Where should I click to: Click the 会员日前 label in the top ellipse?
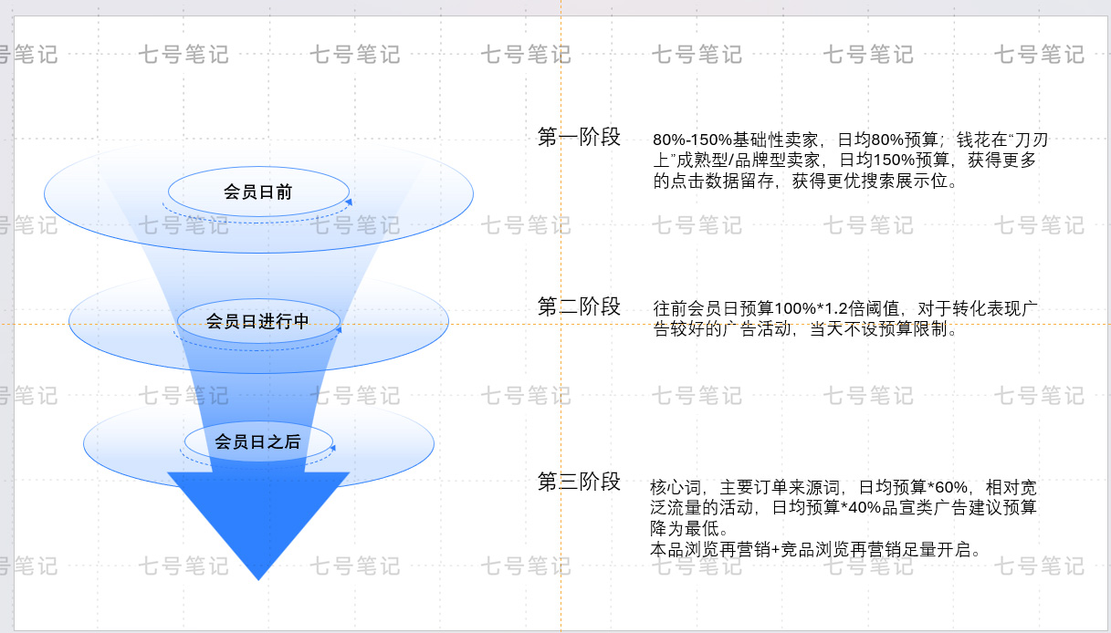pos(258,192)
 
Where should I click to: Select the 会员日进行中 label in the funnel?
pos(257,321)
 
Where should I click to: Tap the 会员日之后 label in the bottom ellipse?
pos(257,441)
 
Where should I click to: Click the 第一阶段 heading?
pos(579,138)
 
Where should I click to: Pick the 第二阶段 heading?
pos(579,306)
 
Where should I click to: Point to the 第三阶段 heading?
pos(579,482)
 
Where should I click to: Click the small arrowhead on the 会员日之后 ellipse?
pos(332,448)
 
